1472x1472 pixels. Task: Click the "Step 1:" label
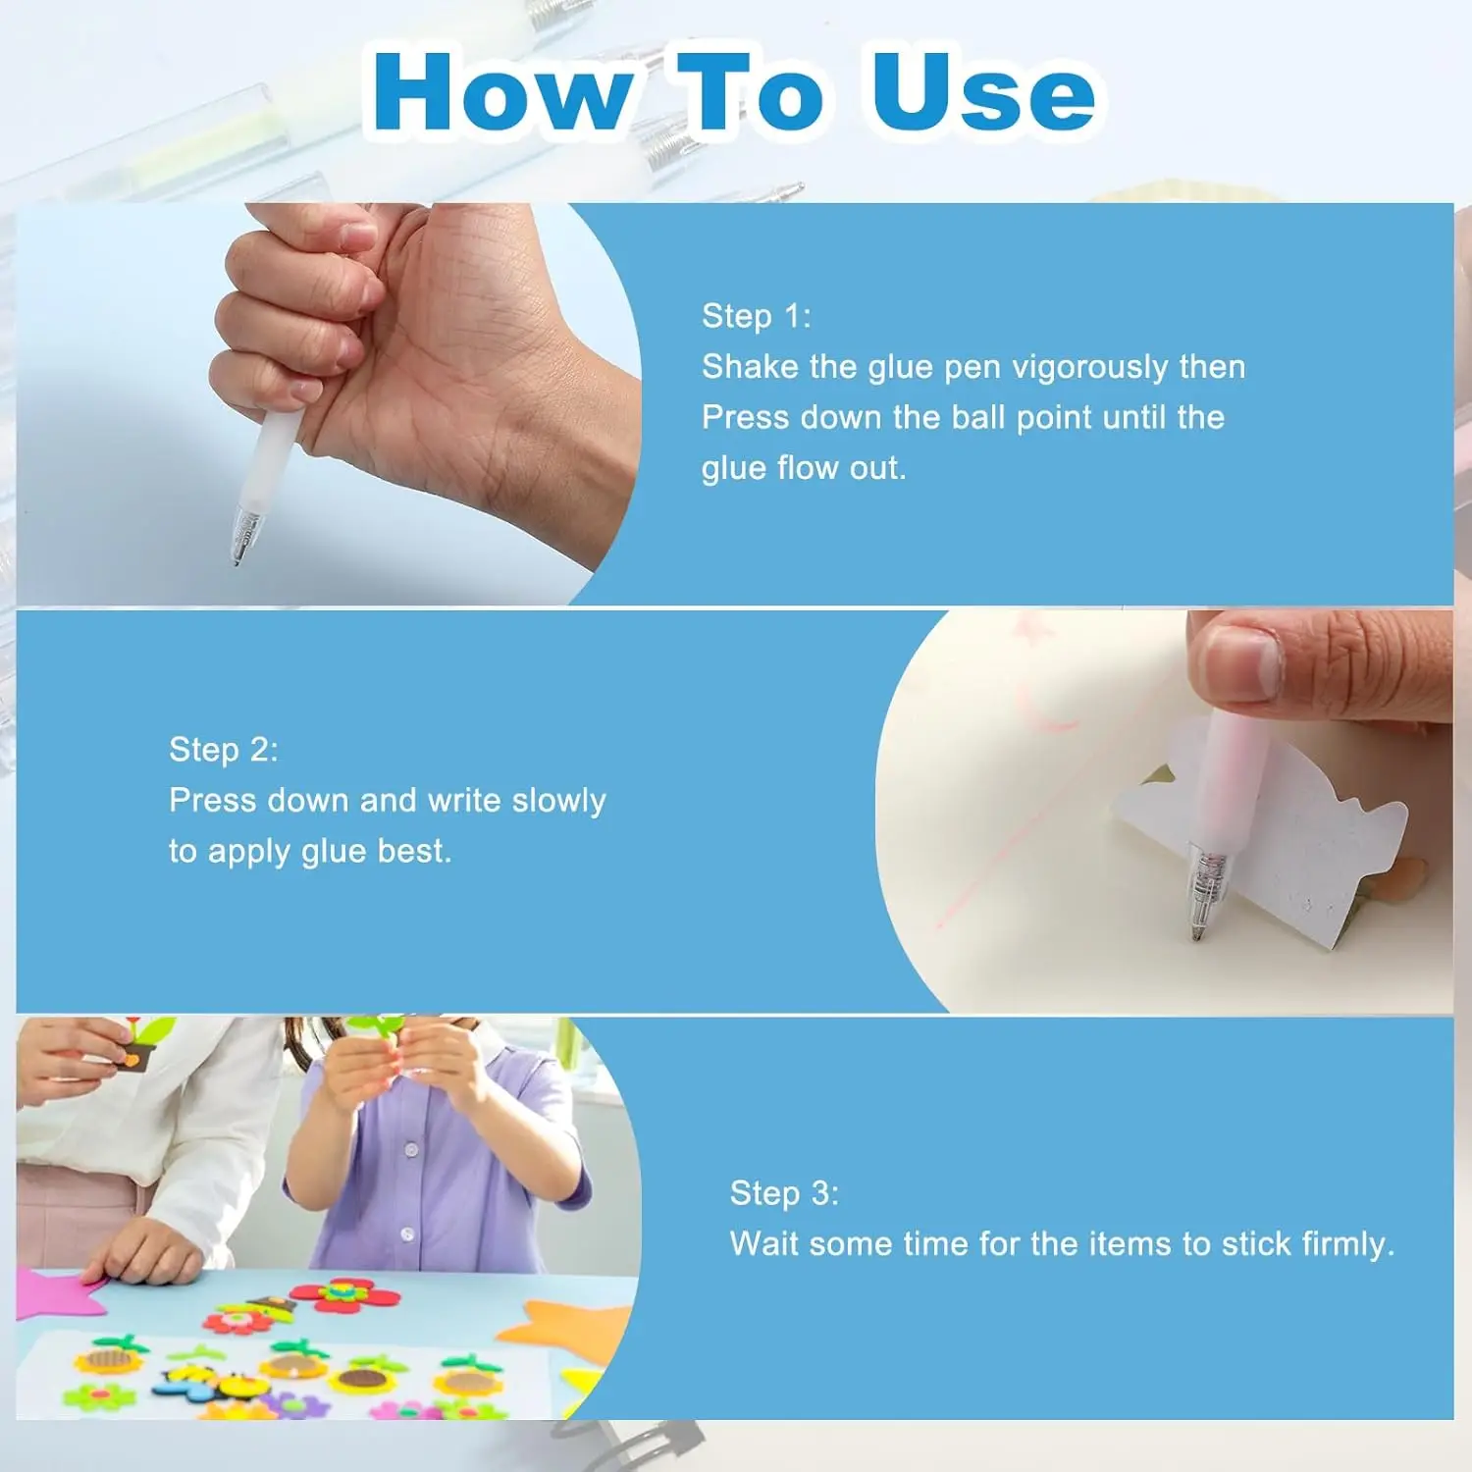click(x=756, y=316)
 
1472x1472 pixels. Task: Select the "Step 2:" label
click(x=224, y=750)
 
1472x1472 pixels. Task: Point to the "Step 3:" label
click(x=784, y=1193)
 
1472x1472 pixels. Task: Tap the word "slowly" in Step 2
click(x=558, y=801)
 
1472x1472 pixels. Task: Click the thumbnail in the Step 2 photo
click(x=1241, y=663)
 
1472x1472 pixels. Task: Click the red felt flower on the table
click(x=345, y=1295)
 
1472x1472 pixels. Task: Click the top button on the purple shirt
click(x=411, y=1148)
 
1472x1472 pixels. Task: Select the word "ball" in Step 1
click(x=979, y=418)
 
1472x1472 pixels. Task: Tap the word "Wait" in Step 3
click(x=764, y=1244)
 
